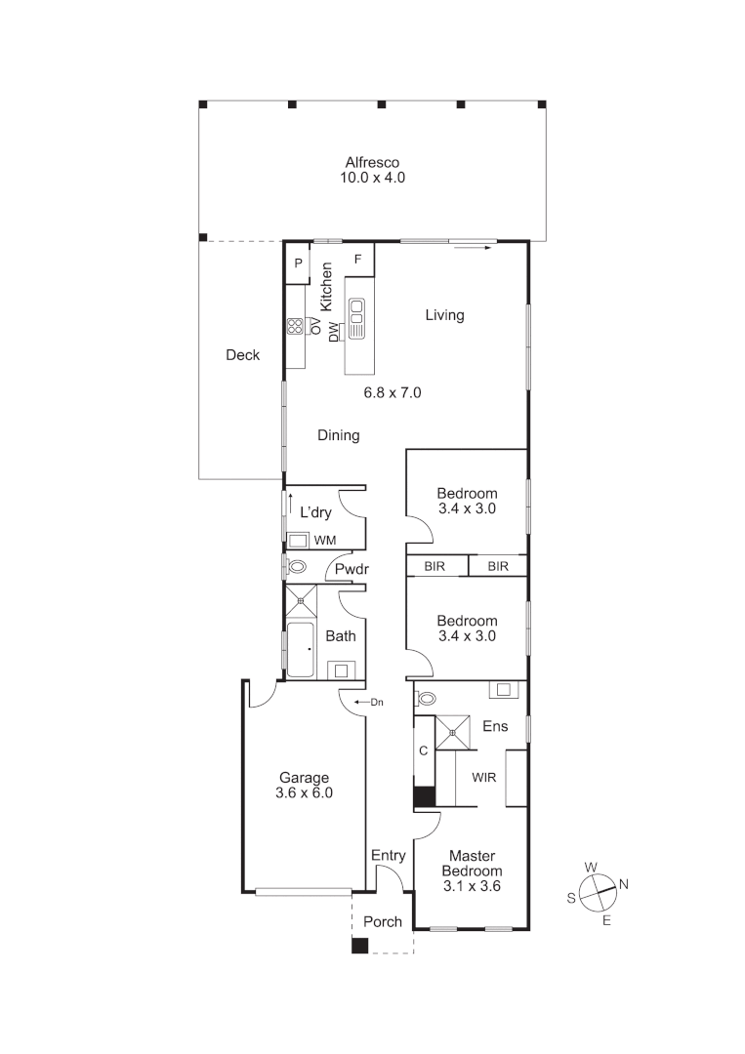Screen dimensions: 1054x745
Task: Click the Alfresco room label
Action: tap(372, 163)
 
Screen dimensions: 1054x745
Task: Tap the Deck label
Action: tap(242, 355)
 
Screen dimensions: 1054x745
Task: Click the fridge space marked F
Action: tap(358, 259)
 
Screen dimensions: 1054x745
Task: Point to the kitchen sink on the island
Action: tap(356, 318)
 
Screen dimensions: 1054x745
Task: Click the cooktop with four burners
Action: tap(296, 327)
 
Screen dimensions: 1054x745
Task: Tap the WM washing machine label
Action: tap(325, 540)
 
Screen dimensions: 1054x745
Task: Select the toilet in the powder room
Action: tap(297, 567)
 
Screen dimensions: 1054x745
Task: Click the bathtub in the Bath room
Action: tap(302, 648)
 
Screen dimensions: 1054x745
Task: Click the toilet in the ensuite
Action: tap(426, 699)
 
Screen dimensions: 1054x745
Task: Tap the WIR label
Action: tap(485, 779)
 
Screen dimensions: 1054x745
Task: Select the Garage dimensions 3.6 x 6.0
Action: tap(306, 793)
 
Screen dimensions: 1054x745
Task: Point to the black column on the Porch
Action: tap(360, 945)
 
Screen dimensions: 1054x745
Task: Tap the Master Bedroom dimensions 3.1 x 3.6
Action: tap(472, 886)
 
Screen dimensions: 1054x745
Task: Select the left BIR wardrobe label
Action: tap(435, 566)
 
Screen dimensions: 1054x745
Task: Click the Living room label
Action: tap(444, 315)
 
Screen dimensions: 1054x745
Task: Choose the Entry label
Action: tap(388, 856)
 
